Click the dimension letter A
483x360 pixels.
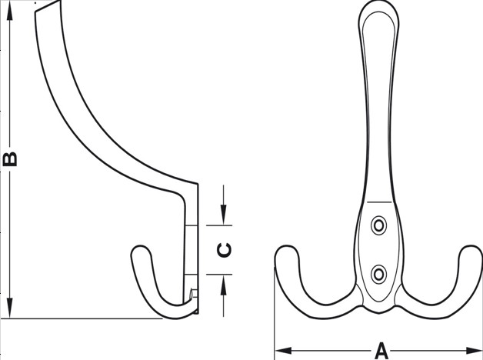[x=381, y=351]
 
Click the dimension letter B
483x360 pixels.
[x=9, y=159]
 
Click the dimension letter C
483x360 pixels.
[x=224, y=250]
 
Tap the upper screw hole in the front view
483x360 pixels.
[x=378, y=225]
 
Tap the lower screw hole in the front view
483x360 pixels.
[x=378, y=274]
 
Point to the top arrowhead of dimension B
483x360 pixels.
[x=10, y=11]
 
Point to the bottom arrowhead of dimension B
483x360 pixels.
[x=10, y=308]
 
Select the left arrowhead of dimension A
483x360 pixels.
[x=283, y=351]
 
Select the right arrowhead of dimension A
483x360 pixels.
[x=474, y=351]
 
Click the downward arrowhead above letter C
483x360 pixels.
[x=224, y=215]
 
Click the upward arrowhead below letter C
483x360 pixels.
[x=224, y=285]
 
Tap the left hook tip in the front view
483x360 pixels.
[x=287, y=246]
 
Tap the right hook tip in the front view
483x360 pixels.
[x=471, y=246]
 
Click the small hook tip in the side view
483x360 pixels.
[x=141, y=246]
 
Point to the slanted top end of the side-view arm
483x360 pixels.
[x=48, y=6]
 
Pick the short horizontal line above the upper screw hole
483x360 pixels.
[x=379, y=202]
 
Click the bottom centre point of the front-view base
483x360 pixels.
[x=379, y=313]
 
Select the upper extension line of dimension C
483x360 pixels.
[x=219, y=225]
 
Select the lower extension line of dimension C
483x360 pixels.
[x=219, y=274]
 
